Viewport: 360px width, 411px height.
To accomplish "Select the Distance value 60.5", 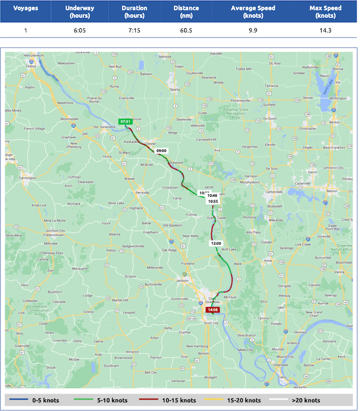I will tap(186, 30).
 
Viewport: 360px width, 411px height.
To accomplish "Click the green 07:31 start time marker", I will tap(125, 121).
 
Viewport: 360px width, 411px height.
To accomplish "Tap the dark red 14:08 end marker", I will tap(212, 310).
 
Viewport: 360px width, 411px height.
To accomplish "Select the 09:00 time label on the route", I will tap(162, 151).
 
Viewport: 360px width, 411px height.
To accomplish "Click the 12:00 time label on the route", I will tap(217, 244).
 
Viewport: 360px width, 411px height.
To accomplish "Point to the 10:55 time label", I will tap(212, 202).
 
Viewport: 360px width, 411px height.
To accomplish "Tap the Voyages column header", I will tap(25, 11).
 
